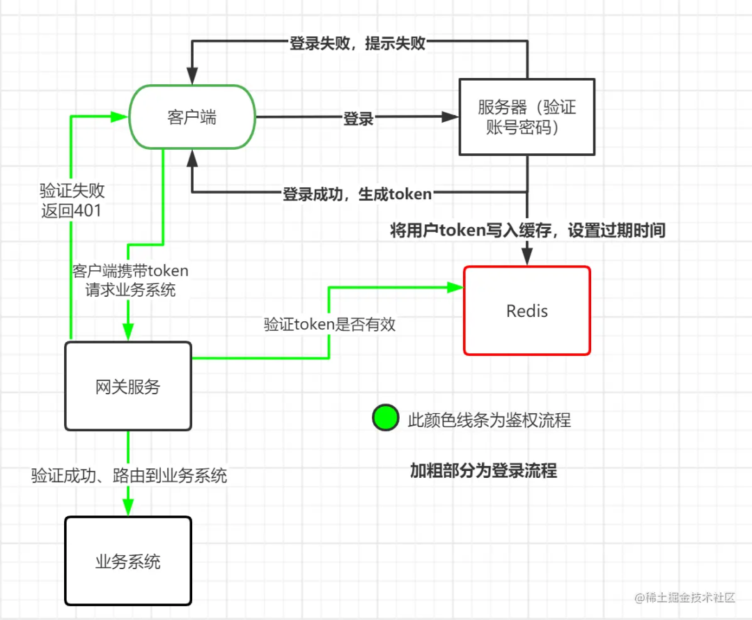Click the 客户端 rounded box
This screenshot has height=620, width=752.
point(192,117)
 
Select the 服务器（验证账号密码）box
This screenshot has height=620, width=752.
point(527,117)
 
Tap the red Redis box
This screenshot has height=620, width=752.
point(527,311)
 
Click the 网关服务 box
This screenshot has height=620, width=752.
point(128,386)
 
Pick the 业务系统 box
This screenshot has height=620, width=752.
point(128,561)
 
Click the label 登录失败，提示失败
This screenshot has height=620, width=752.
point(357,43)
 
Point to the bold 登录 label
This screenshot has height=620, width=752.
point(359,119)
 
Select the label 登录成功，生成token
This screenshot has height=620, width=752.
point(357,194)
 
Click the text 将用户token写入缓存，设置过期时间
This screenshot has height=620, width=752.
point(528,231)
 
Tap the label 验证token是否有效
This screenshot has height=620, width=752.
point(329,324)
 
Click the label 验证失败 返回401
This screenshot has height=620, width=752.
point(72,201)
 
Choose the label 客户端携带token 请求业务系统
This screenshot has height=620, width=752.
point(130,280)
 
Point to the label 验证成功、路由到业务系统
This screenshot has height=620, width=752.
point(129,476)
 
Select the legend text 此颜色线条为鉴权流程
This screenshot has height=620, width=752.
point(489,420)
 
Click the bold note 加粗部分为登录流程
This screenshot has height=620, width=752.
point(483,471)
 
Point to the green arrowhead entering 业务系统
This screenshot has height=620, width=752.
point(128,509)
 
